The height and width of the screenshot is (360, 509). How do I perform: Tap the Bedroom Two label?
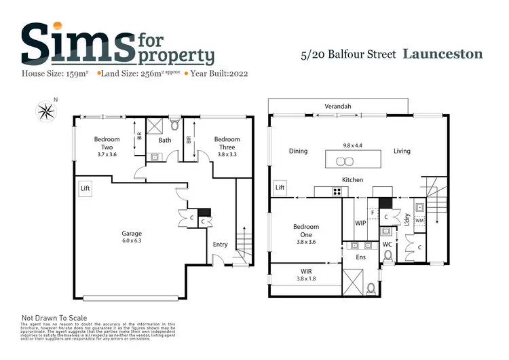(x=107, y=139)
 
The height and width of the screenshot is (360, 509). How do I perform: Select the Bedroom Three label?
(x=227, y=139)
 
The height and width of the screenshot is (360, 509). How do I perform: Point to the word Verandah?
(x=337, y=107)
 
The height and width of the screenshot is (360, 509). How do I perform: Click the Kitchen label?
(x=352, y=180)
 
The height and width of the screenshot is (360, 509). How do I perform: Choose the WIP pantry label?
(x=360, y=222)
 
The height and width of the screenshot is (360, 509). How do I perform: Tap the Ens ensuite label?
(x=360, y=258)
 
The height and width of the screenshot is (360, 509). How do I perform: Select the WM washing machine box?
(x=420, y=220)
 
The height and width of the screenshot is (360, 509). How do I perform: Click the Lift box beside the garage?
(x=85, y=188)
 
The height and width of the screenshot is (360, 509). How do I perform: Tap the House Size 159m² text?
(x=57, y=72)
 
